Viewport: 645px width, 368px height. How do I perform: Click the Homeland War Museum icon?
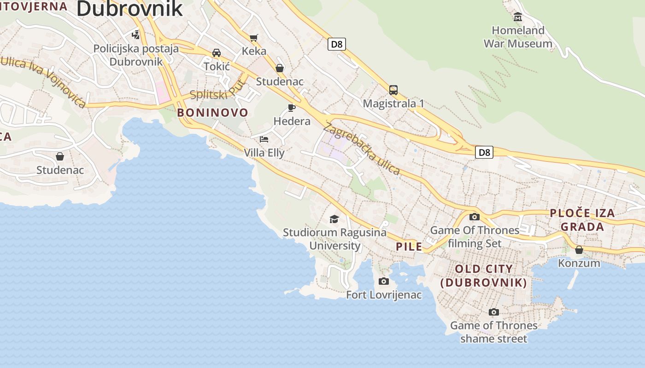coord(518,17)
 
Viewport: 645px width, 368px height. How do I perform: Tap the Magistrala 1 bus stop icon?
coord(393,90)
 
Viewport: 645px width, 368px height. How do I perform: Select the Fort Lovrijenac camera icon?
coord(384,281)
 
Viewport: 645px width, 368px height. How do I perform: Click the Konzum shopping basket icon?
coord(579,250)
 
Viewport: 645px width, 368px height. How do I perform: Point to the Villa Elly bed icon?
coord(264,139)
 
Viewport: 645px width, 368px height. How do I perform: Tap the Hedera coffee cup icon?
coord(292,108)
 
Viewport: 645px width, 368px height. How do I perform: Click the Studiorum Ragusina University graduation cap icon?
coord(334,219)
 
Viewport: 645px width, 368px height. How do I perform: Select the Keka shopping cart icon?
coord(254,37)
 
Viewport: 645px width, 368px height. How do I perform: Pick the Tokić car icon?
coord(217,53)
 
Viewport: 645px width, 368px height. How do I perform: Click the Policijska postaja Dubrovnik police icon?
coord(136,34)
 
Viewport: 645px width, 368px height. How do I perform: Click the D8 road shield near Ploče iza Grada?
coord(484,152)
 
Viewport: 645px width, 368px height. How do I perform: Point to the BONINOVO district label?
coord(212,112)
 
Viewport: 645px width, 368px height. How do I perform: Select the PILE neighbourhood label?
coord(409,247)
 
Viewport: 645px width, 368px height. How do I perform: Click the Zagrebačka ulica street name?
coord(362,148)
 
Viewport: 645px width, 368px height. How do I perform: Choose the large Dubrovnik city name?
coord(129,9)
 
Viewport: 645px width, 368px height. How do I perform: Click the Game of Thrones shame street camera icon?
coord(493,312)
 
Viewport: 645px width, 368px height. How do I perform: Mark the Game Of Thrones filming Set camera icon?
coord(475,217)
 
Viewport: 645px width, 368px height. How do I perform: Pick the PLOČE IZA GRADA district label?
coord(582,219)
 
